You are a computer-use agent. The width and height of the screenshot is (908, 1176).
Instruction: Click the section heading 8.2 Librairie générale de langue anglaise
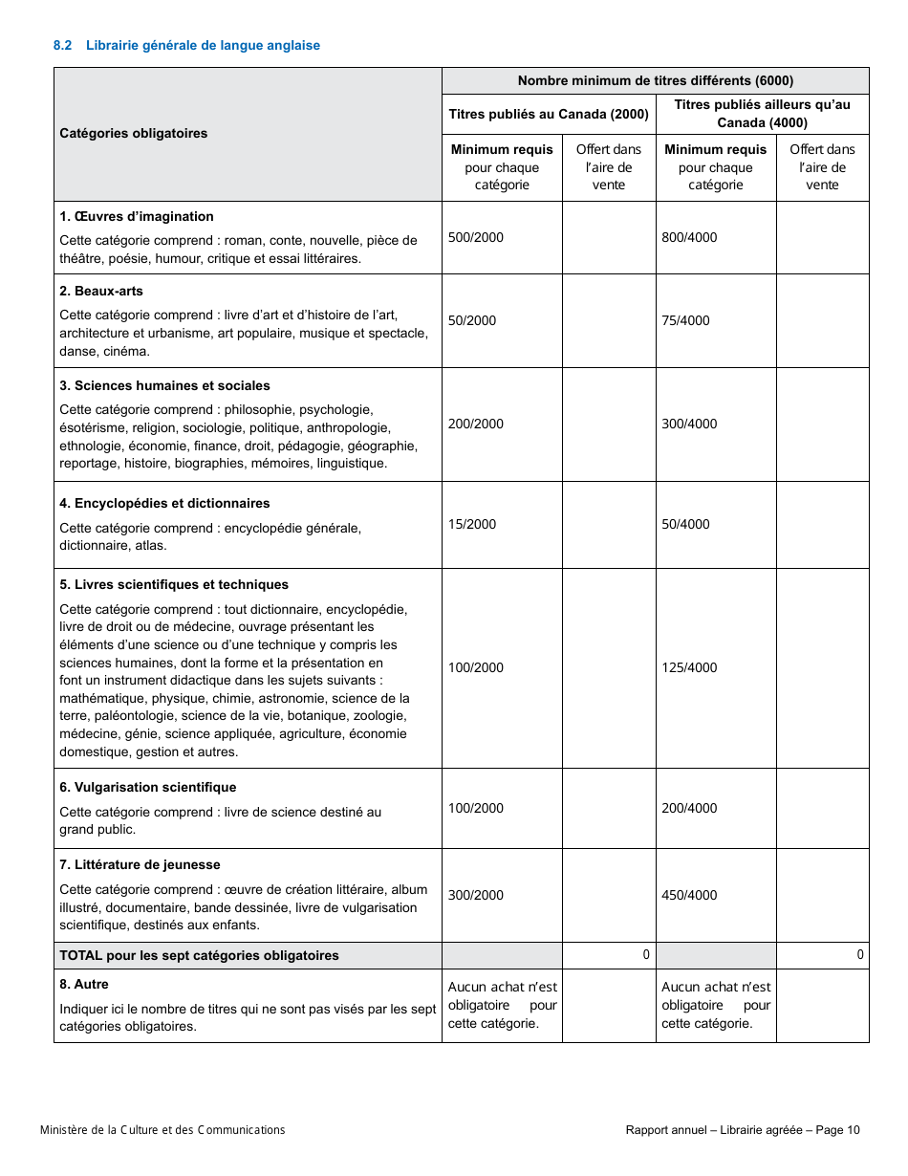tap(186, 45)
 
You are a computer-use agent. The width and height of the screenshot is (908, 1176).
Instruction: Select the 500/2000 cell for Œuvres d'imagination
tap(475, 237)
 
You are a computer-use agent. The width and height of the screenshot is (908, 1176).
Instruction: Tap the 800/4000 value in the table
tap(689, 237)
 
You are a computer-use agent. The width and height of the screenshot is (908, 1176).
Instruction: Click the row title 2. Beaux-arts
tap(101, 291)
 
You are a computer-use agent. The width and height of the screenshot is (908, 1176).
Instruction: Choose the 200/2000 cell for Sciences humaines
tap(475, 424)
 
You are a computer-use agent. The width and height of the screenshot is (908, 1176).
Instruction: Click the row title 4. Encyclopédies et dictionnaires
tap(164, 503)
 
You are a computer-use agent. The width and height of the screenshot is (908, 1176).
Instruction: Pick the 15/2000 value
tap(472, 524)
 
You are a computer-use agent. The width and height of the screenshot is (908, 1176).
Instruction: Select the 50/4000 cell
tap(685, 524)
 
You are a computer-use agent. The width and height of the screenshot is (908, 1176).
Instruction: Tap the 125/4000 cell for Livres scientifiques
tap(689, 667)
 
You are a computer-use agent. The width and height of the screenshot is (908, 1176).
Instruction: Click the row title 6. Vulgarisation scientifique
tap(147, 787)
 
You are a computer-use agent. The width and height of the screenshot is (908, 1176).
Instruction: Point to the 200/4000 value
tap(689, 808)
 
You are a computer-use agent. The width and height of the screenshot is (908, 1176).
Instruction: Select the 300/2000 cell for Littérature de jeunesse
tap(475, 895)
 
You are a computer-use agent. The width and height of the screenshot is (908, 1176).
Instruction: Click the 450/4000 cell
tap(689, 895)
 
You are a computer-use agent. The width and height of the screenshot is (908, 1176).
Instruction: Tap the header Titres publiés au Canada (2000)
tap(549, 114)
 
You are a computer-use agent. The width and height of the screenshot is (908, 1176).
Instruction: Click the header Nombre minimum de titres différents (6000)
tap(655, 80)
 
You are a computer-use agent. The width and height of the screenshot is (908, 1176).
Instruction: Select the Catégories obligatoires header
tap(133, 133)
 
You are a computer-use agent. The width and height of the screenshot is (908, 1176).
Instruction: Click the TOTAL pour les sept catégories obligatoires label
tap(199, 955)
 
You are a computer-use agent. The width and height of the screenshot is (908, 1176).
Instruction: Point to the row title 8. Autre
tap(84, 984)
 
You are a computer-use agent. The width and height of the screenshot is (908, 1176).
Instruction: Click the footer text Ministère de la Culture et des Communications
tap(162, 1130)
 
